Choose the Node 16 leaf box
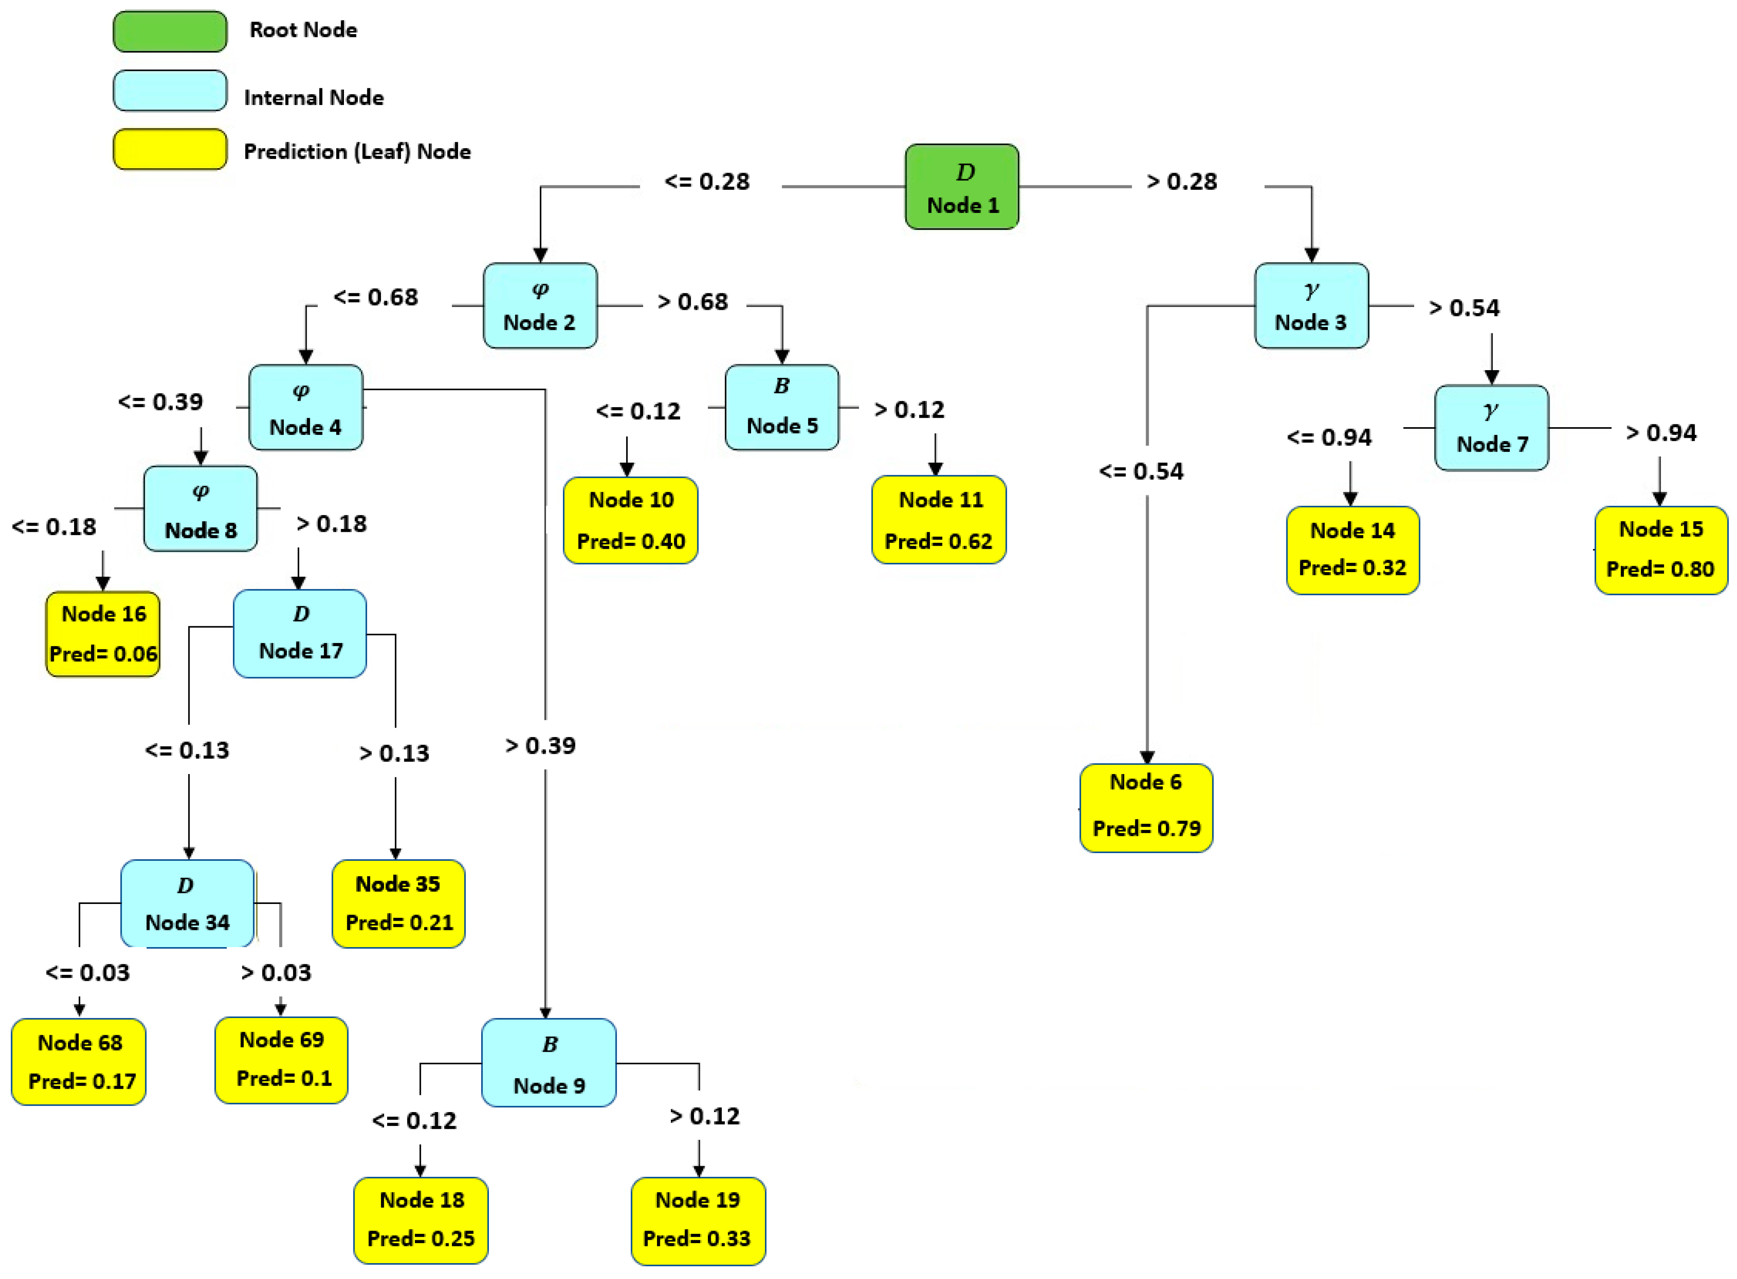pos(103,634)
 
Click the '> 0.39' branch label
pos(540,746)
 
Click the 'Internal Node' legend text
pos(313,98)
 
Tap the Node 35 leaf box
pos(398,904)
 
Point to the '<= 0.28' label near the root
pos(707,182)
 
